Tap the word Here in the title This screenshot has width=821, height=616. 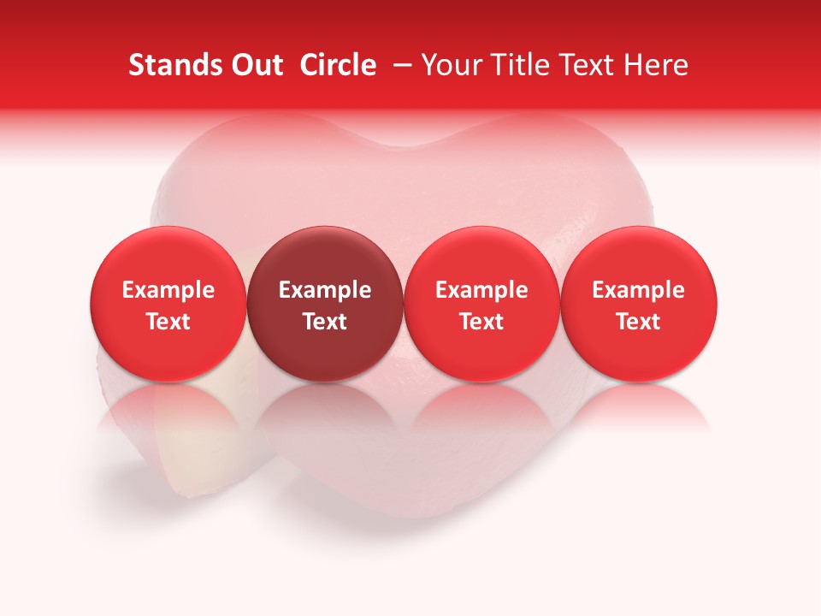(657, 65)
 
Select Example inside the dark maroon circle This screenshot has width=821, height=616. (325, 290)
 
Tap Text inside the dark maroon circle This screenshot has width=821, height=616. (325, 322)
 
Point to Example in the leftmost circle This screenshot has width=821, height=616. (168, 290)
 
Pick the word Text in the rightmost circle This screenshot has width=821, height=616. (638, 322)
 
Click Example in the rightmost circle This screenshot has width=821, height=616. (638, 290)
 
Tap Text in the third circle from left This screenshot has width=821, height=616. (481, 322)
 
